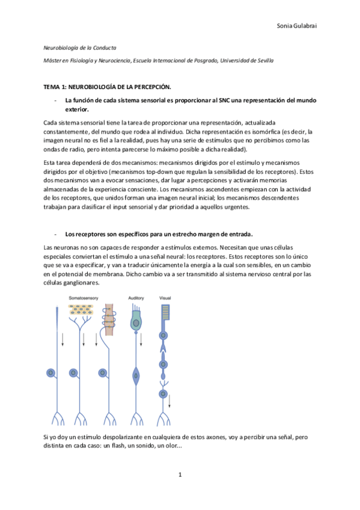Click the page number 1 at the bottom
point(180,475)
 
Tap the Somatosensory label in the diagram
point(84,298)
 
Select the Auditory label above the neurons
point(136,298)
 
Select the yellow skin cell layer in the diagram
point(80,310)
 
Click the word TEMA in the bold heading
point(53,88)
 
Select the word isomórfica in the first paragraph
point(267,132)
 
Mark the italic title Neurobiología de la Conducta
point(81,47)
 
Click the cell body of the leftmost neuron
point(52,372)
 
